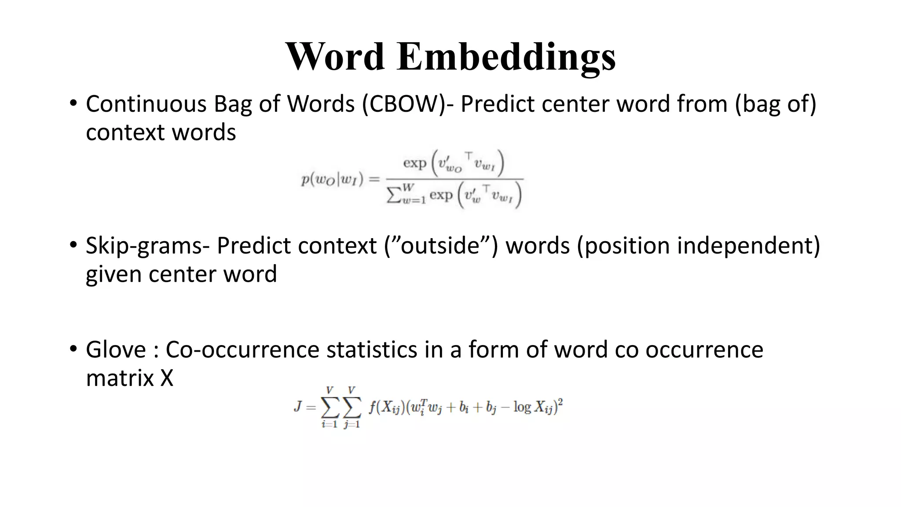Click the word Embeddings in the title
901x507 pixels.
point(506,57)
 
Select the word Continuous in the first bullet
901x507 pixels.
point(146,104)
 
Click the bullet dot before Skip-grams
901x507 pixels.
point(73,245)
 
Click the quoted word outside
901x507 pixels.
point(440,246)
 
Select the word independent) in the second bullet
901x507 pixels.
point(748,246)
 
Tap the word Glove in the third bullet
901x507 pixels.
point(116,350)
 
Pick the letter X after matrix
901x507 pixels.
point(167,378)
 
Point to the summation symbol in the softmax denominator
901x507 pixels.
point(395,195)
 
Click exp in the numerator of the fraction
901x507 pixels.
point(415,163)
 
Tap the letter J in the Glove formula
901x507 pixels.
point(298,406)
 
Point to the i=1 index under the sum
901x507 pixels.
point(329,425)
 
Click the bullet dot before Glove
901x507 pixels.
point(73,349)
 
